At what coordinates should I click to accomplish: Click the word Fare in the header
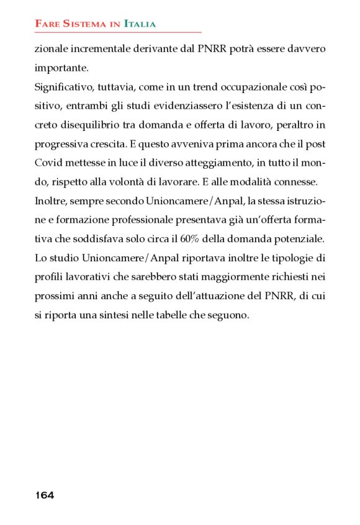[x=47, y=24]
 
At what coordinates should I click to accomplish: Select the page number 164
[x=45, y=495]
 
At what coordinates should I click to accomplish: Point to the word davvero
[x=304, y=48]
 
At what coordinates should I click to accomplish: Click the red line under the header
[x=118, y=32]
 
